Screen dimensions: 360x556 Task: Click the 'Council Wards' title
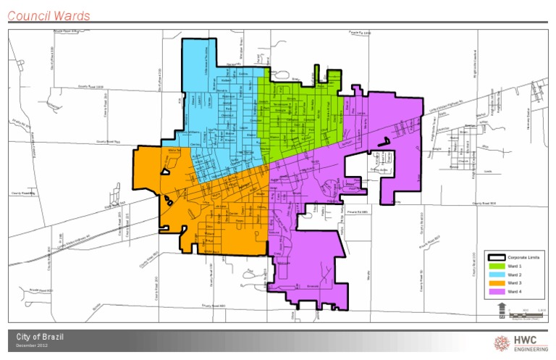pyautogui.click(x=49, y=15)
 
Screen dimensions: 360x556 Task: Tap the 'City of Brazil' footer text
pyautogui.click(x=44, y=338)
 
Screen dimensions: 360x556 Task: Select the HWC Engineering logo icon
pyautogui.click(x=501, y=343)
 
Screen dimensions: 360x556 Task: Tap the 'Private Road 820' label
pyautogui.click(x=42, y=290)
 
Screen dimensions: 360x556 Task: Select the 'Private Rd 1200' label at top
pyautogui.click(x=358, y=33)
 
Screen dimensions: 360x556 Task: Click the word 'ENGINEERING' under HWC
pyautogui.click(x=528, y=349)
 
